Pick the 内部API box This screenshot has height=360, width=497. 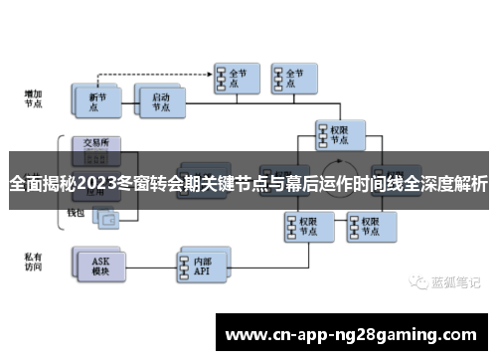pyautogui.click(x=203, y=263)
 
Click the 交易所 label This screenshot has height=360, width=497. pyautogui.click(x=95, y=142)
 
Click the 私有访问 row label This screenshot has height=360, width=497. pyautogui.click(x=34, y=262)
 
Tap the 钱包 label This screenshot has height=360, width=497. pyautogui.click(x=76, y=212)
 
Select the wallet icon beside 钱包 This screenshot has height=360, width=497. pyautogui.click(x=103, y=217)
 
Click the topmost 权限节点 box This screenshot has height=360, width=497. pyautogui.click(x=338, y=132)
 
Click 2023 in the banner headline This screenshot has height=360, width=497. pyautogui.click(x=100, y=184)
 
